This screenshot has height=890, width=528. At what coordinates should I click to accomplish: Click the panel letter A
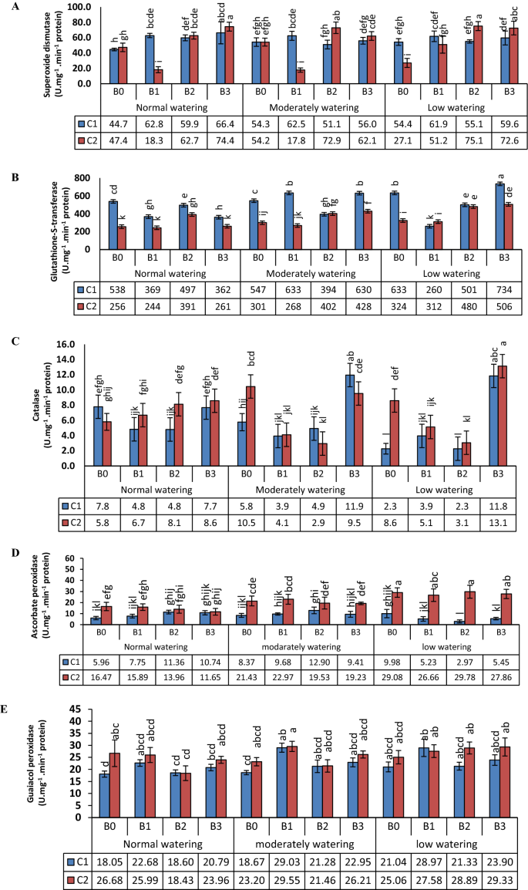(x=8, y=6)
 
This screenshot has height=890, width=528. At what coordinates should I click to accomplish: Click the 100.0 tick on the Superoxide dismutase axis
(x=81, y=7)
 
